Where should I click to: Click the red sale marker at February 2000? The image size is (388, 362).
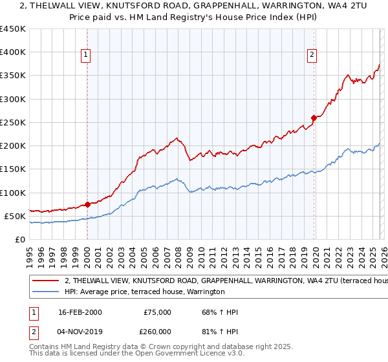(87, 204)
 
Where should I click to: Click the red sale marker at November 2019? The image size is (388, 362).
(314, 118)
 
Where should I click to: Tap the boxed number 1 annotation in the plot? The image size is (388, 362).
(86, 55)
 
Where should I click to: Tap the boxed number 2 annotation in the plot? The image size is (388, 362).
(312, 55)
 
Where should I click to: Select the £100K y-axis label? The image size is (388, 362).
(12, 193)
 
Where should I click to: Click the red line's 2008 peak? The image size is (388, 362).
(176, 138)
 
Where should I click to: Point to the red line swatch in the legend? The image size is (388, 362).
(46, 282)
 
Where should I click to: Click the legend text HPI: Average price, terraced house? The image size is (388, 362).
(144, 292)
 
